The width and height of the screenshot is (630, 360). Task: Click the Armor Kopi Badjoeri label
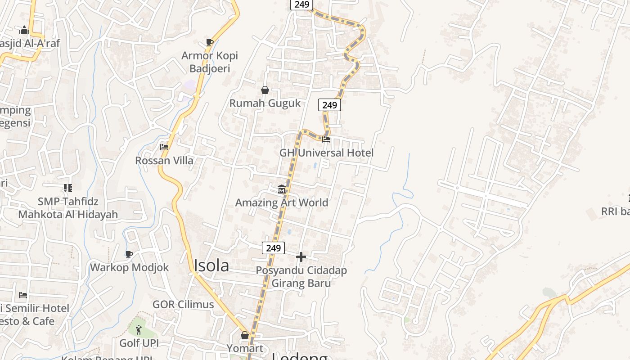(x=210, y=62)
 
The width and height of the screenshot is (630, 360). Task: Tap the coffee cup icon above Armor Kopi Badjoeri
(x=209, y=42)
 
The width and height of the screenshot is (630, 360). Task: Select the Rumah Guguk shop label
(x=265, y=103)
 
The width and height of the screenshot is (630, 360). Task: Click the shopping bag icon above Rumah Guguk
(x=265, y=90)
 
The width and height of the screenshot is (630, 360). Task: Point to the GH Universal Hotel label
(x=326, y=153)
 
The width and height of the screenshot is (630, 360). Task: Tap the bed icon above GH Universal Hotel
(x=326, y=139)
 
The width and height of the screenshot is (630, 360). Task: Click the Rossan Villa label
(x=164, y=160)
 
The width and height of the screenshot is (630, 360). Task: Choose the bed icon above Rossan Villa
(x=164, y=147)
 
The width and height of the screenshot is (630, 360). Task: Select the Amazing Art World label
(x=282, y=202)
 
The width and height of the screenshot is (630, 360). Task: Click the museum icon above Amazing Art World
(x=282, y=189)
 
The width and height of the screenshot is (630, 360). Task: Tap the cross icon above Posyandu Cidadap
(x=301, y=257)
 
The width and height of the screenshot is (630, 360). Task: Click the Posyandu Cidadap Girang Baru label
(x=301, y=277)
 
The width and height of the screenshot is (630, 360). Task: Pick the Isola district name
(x=211, y=265)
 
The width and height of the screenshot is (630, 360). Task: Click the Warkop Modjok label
(x=129, y=267)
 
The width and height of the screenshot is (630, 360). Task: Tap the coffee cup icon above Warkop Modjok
(x=129, y=254)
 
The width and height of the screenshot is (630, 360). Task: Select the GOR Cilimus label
(x=183, y=304)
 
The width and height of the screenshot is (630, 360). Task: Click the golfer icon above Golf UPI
(x=139, y=330)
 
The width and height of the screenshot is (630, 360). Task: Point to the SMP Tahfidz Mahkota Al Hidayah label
(x=68, y=208)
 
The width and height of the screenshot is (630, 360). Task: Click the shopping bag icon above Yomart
(x=245, y=335)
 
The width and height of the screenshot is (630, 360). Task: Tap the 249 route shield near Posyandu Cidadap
(x=273, y=248)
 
